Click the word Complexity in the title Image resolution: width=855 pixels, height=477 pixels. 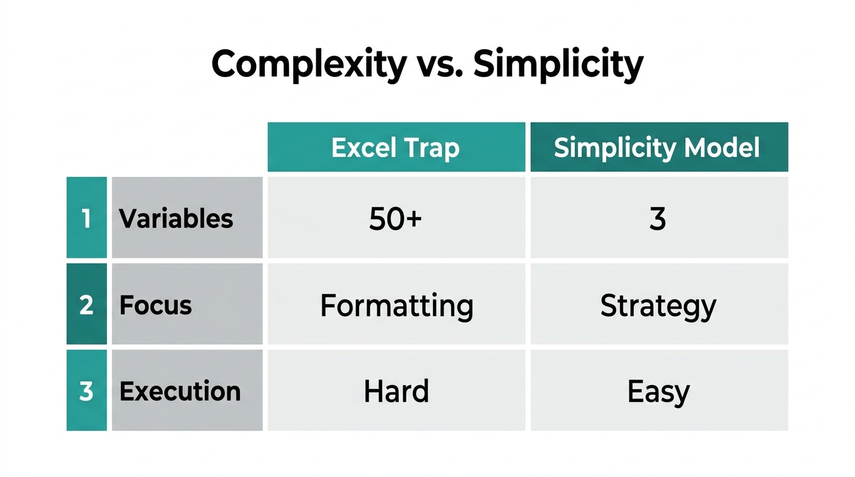[308, 64]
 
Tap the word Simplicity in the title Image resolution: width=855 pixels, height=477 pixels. [557, 64]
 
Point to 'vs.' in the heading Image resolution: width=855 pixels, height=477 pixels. [439, 64]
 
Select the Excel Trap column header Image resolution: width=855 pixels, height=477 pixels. [396, 147]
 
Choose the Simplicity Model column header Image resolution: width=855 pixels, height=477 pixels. [659, 147]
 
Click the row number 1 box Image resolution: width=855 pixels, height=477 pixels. [86, 218]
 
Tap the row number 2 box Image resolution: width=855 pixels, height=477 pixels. [86, 304]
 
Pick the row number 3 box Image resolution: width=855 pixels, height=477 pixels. [86, 391]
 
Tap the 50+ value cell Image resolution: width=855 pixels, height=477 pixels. [396, 218]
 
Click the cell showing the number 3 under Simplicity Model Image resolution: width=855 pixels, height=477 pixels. [659, 218]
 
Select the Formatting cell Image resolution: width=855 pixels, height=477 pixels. [396, 305]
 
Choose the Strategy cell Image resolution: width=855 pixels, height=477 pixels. [659, 305]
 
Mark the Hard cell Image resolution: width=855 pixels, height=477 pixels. [396, 391]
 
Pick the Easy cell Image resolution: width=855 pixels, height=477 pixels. [659, 391]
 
